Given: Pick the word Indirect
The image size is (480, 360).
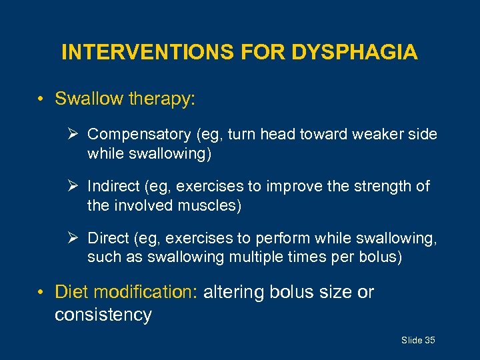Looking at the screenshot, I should point(114,187).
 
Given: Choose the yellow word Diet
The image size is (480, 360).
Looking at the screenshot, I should point(71,292).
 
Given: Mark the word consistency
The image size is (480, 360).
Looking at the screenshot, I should point(103,314).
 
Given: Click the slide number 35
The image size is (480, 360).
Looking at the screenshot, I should point(429,341).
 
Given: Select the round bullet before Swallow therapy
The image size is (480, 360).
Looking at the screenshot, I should point(41,100).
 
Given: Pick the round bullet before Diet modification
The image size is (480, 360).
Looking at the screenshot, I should point(41,293).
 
